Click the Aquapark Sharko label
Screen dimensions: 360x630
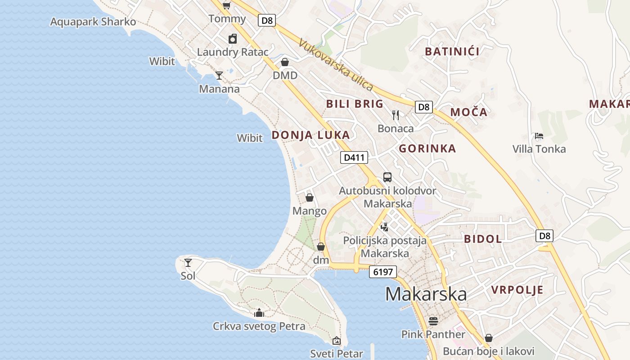pyautogui.click(x=93, y=22)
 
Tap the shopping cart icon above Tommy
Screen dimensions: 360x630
pyautogui.click(x=226, y=6)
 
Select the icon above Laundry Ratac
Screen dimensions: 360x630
pyautogui.click(x=233, y=39)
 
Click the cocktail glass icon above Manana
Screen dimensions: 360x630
pyautogui.click(x=219, y=76)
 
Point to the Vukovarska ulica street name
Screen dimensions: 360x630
pyautogui.click(x=336, y=64)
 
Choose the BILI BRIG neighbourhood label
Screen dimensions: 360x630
pyautogui.click(x=355, y=104)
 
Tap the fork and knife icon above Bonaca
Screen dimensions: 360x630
pyautogui.click(x=396, y=115)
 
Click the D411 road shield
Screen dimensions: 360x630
pyautogui.click(x=354, y=157)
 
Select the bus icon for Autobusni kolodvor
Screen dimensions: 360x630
pyautogui.click(x=387, y=177)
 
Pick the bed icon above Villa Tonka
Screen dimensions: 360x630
pyautogui.click(x=539, y=135)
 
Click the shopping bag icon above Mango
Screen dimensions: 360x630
pyautogui.click(x=310, y=197)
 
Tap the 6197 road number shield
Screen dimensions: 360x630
pyautogui.click(x=382, y=272)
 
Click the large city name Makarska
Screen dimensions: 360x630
pyautogui.click(x=426, y=294)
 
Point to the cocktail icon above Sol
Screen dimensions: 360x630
pyautogui.click(x=188, y=262)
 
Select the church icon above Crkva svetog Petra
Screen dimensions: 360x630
pyautogui.click(x=259, y=313)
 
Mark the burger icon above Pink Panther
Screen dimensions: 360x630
pyautogui.click(x=433, y=321)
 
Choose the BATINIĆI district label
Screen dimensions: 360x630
pyautogui.click(x=452, y=51)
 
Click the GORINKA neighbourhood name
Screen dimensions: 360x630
pyautogui.click(x=427, y=148)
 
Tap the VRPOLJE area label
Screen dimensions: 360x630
pyautogui.click(x=517, y=289)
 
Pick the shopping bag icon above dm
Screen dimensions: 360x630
pyautogui.click(x=321, y=247)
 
